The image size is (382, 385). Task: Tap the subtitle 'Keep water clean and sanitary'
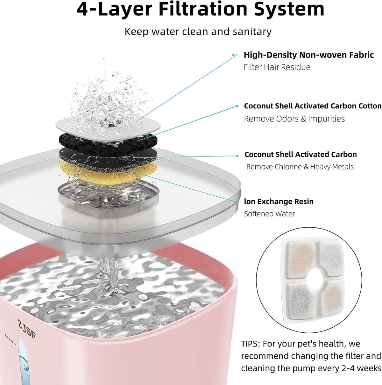click(x=198, y=32)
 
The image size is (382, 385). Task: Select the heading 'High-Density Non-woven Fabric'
click(x=309, y=55)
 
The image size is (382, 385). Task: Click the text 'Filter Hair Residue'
click(x=277, y=67)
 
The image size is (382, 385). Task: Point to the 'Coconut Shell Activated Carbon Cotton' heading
click(x=313, y=106)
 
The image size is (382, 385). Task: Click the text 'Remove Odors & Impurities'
click(x=294, y=119)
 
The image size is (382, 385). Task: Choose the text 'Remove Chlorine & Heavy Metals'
click(x=300, y=167)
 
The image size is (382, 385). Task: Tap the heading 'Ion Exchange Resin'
click(x=279, y=201)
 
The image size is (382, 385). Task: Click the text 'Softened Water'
click(x=269, y=214)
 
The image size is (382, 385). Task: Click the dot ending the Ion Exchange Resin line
click(x=237, y=202)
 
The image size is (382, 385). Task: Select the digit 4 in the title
click(x=82, y=10)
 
